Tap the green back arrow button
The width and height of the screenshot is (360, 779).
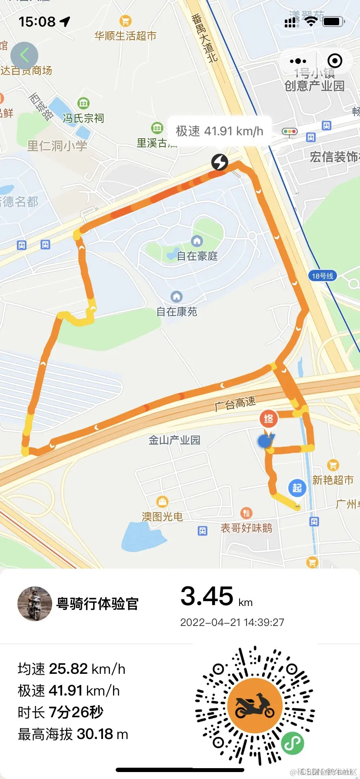coord(24,55)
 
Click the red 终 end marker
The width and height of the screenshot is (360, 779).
coord(269,419)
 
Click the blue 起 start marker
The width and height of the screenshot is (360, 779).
coord(297,488)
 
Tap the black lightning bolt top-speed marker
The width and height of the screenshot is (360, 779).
coord(220,162)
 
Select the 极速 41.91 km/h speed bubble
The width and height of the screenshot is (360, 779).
coord(220,131)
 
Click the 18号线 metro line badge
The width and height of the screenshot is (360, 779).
coord(323,276)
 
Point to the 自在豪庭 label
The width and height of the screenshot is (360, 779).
coord(197,256)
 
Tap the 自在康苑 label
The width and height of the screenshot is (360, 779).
coord(177,311)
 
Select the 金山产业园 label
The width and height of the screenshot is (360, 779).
coord(174,440)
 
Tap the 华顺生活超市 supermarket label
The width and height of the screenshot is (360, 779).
coord(125,36)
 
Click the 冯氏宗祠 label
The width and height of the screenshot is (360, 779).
coord(83,118)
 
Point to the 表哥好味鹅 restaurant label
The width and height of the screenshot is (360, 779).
coord(246,528)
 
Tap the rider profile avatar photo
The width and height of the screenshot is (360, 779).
coord(34,603)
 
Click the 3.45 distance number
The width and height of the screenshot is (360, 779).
coord(207,596)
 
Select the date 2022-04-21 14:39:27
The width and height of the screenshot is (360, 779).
coord(232,622)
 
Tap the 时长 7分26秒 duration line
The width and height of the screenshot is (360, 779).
coord(60,712)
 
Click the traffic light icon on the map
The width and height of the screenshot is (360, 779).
coord(289,132)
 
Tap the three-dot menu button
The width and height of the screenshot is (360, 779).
coord(298,61)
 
